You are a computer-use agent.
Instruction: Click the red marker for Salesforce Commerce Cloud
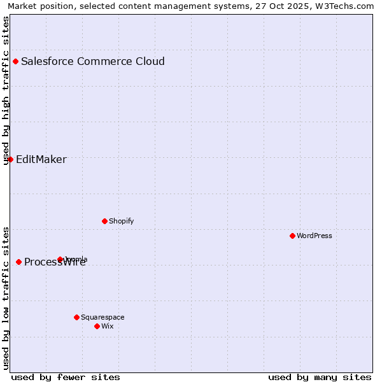coord(15,62)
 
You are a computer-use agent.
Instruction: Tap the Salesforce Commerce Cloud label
coord(93,62)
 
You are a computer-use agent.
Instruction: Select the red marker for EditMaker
coord(10,159)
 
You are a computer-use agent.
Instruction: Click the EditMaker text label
coord(41,160)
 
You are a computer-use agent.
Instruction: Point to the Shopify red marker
coord(104,221)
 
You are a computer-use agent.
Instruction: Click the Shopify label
coord(121,222)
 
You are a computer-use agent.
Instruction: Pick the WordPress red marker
coord(292,236)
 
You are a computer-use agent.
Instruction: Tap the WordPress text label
coord(315,236)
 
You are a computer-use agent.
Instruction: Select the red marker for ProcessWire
coord(18,262)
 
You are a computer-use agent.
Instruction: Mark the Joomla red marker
coord(60,259)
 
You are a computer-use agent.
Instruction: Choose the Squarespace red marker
coord(76,317)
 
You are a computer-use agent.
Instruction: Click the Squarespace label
coord(103,318)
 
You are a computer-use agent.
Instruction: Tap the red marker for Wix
coord(97,326)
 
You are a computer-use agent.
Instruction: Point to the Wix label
coord(108,327)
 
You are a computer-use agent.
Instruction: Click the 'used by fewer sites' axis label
coord(66,377)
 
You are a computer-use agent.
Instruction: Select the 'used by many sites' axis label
coord(320,377)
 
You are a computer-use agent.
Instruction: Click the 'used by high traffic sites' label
coord(6,90)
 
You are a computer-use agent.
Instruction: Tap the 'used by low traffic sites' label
coord(6,298)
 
